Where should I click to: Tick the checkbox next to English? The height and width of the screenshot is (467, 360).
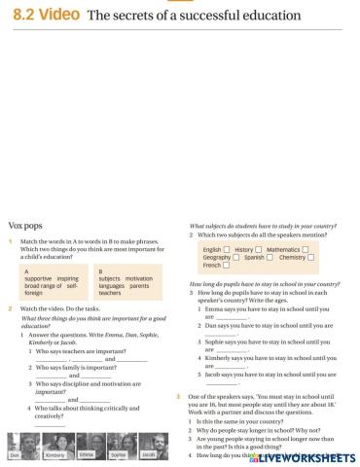click(227, 249)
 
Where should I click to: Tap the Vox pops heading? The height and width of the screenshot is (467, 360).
click(25, 224)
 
